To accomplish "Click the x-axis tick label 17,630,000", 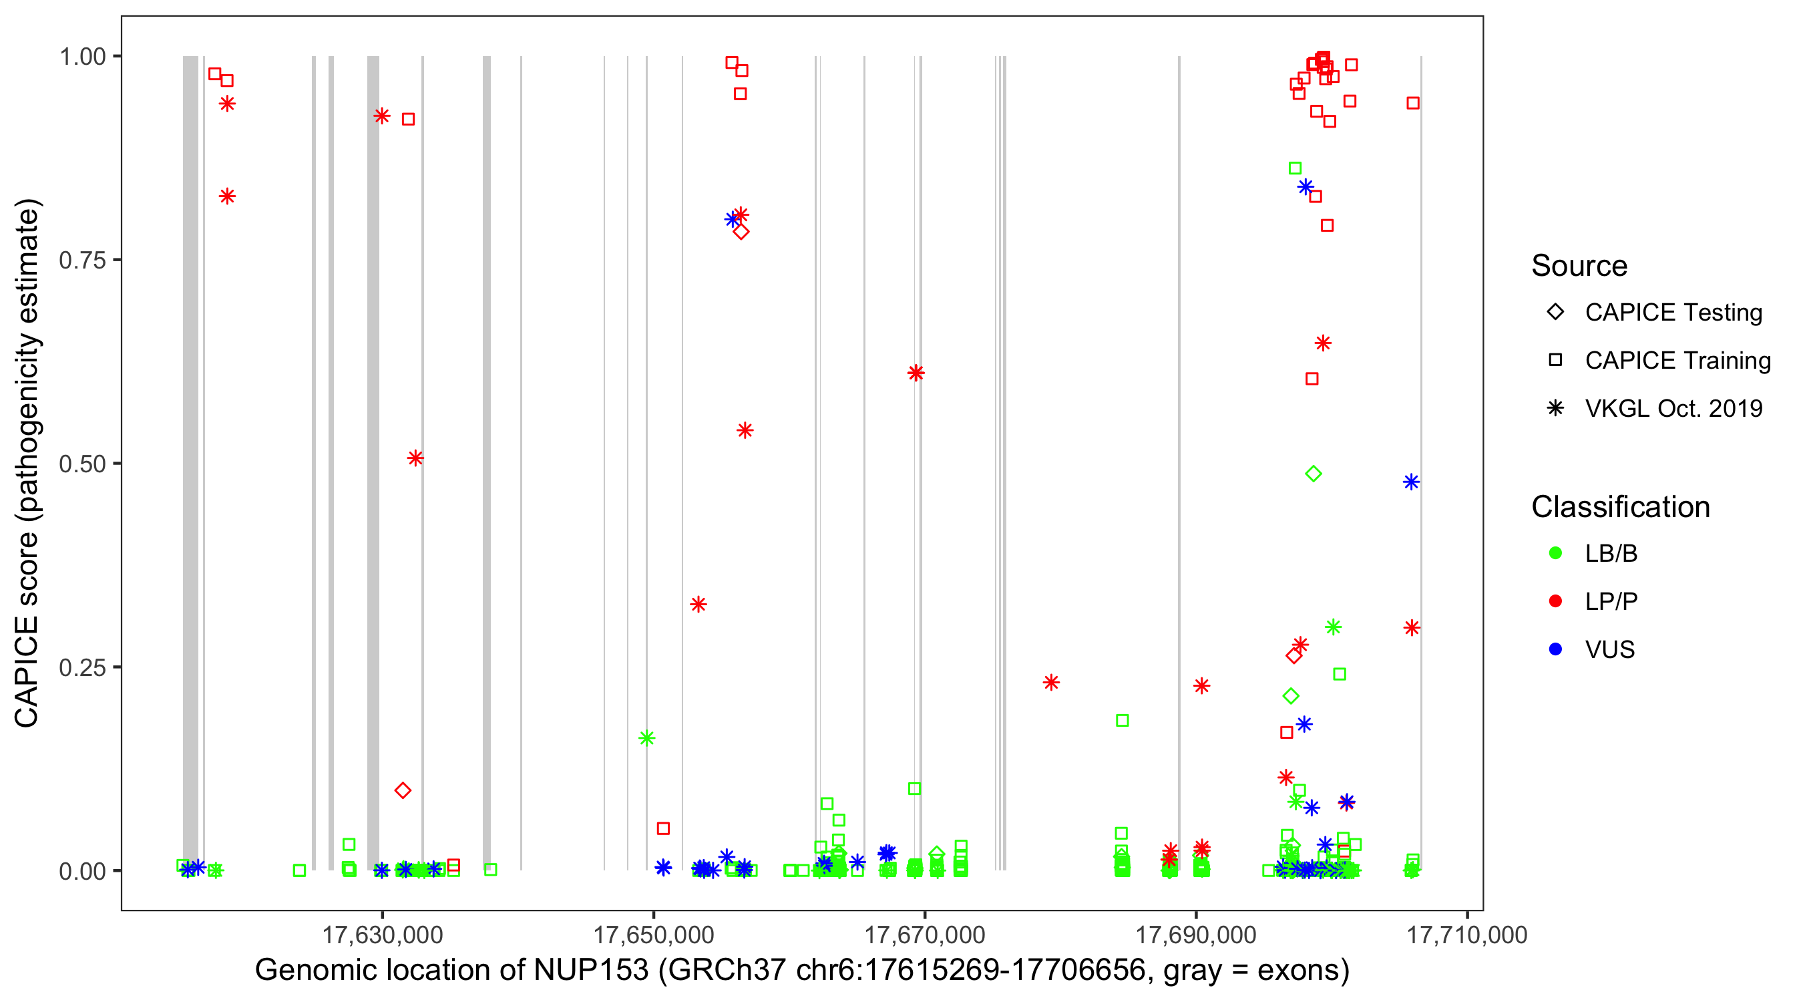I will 382,935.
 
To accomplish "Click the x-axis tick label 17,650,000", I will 654,935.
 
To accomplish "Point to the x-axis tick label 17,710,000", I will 1467,935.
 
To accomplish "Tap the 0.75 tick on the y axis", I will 81,261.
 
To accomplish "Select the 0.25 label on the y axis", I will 81,667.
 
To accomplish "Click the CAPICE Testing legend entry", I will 1673,313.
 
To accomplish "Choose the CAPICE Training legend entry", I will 1677,361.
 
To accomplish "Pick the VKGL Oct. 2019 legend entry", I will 1673,409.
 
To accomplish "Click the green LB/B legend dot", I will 1556,553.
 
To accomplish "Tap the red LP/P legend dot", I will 1556,601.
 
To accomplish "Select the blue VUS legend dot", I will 1556,650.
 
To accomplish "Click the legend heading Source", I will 1579,266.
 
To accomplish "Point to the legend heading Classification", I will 1620,507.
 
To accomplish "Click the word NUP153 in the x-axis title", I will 591,971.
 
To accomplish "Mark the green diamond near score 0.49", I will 1313,474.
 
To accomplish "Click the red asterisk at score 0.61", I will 916,373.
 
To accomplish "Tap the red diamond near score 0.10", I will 403,790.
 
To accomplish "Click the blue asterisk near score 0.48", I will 1411,482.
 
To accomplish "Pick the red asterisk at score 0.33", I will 698,605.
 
